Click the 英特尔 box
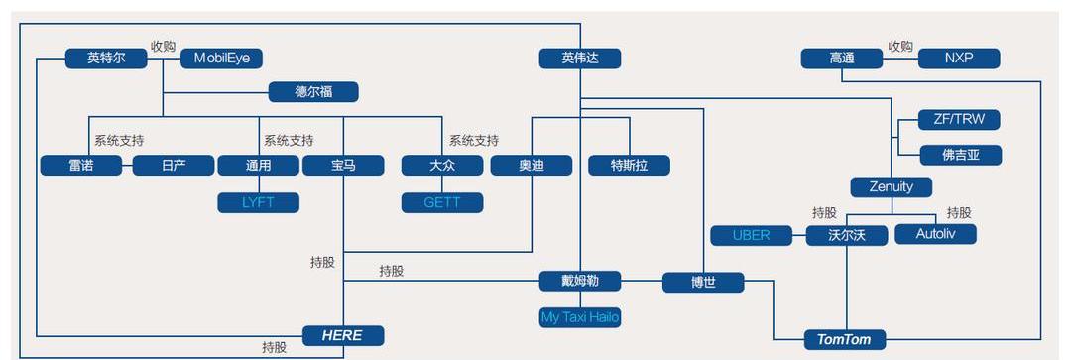pos(106,59)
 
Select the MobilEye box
pos(221,59)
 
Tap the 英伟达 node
pos(580,59)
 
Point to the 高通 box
pos(842,59)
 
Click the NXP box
pos(959,59)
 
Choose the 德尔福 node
pos(313,92)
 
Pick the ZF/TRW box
pos(959,120)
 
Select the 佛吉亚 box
pos(959,155)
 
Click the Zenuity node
pos(891,186)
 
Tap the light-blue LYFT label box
pos(258,202)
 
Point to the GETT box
pos(442,202)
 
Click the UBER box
pos(751,235)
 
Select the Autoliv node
pos(935,235)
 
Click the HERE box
pos(342,335)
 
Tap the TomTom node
pos(844,339)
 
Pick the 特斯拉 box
pos(629,166)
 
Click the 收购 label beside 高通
pos(899,46)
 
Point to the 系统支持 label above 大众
pos(473,141)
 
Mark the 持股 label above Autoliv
pos(958,212)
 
